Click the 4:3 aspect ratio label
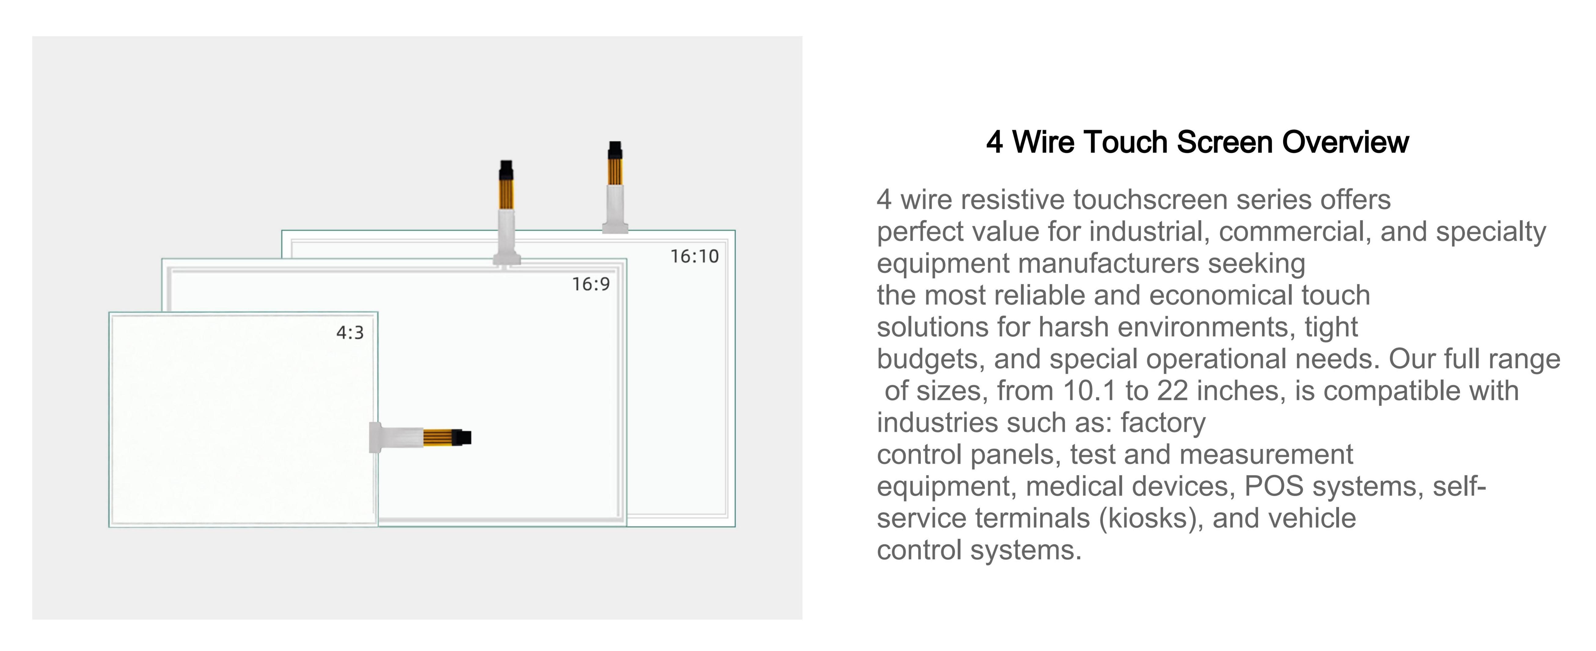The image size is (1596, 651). point(350,333)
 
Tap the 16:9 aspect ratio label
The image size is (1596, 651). point(591,284)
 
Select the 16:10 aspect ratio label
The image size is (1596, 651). point(694,256)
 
